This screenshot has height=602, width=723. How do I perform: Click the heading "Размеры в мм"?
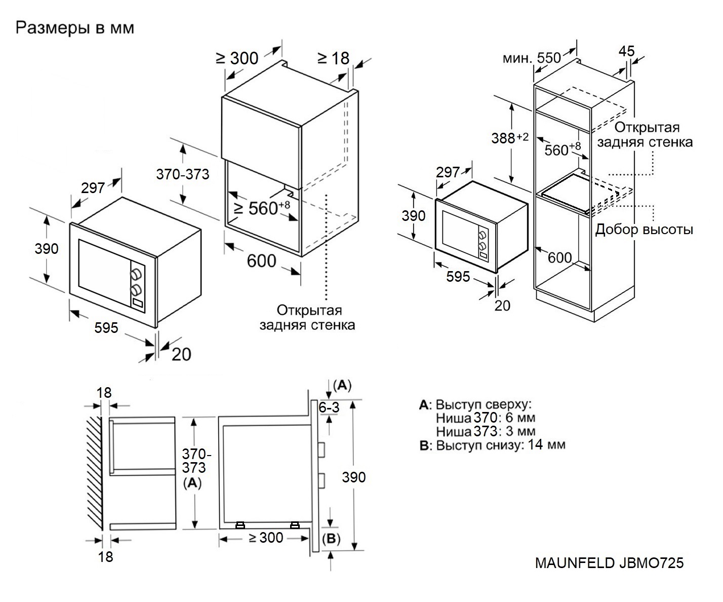click(x=75, y=28)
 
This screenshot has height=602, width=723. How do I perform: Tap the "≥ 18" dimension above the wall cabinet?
click(x=333, y=58)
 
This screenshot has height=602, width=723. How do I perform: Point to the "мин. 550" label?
click(x=532, y=58)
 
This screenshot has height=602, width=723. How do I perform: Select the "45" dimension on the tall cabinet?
click(x=626, y=51)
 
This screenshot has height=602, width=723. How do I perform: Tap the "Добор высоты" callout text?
click(x=644, y=230)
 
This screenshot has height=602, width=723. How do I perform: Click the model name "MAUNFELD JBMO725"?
click(x=609, y=563)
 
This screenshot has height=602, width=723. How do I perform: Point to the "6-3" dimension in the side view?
click(x=329, y=407)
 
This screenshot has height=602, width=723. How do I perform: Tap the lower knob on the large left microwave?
click(x=136, y=290)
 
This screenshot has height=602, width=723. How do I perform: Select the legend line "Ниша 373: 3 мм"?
click(x=485, y=431)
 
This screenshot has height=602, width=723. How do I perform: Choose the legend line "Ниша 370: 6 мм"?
click(x=485, y=418)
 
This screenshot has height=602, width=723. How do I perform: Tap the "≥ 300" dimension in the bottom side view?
click(x=266, y=538)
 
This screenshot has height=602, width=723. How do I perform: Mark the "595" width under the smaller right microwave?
click(x=458, y=277)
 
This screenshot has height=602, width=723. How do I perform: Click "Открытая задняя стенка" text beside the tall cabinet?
click(x=645, y=134)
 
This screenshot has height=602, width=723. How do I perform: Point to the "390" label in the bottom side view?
click(x=353, y=477)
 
